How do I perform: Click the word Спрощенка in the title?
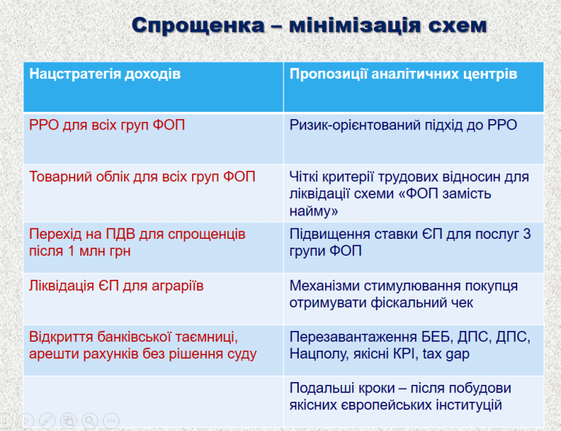199,26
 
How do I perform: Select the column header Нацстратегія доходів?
105,74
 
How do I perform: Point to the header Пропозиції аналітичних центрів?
403,74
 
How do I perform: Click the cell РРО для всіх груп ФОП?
107,126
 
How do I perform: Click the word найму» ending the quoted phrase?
314,211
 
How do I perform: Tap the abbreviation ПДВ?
121,234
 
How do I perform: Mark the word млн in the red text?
92,251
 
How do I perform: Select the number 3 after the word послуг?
527,234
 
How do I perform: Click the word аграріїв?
178,286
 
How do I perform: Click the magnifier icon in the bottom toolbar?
90,421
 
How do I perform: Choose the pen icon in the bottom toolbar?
47,421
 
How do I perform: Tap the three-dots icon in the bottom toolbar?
111,421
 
